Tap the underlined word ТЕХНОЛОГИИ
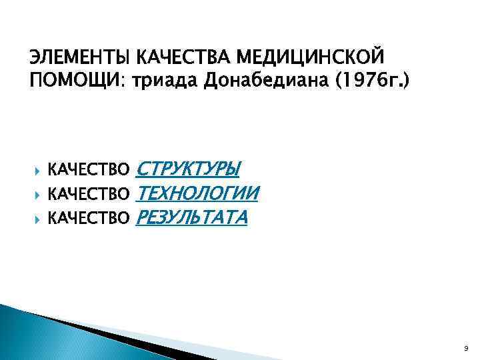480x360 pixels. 197,193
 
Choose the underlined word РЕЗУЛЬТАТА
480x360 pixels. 191,218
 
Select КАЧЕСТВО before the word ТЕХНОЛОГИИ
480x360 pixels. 91,193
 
